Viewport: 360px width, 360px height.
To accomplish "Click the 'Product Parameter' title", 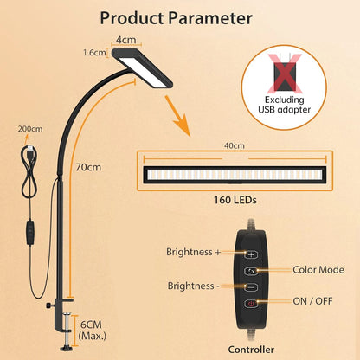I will [x=176, y=17].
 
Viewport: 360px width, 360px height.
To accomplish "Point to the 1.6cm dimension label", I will [x=95, y=53].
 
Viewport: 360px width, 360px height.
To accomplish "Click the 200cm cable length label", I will [x=29, y=128].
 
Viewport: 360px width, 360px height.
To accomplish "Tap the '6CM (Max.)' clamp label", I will [x=91, y=328].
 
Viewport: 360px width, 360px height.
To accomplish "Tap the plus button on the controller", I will [x=252, y=254].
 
